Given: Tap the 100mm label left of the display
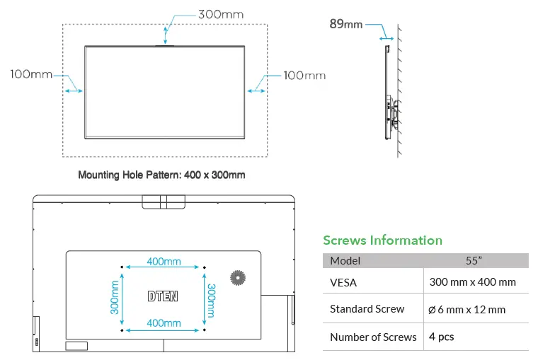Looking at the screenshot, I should (31, 74).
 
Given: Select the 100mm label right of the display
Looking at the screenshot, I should (304, 75).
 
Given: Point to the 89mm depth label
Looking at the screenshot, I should (345, 24).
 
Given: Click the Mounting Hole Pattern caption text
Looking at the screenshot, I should (161, 175).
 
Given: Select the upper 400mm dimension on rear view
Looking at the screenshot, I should (164, 262).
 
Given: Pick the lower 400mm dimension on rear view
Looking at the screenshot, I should (164, 323).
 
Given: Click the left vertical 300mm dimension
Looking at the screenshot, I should (115, 298).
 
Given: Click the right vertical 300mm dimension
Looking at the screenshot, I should (211, 298).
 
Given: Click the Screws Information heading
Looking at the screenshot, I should (382, 240).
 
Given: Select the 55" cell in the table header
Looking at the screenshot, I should (474, 260).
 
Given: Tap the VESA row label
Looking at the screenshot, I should (343, 282).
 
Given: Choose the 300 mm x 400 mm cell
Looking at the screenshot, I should (472, 282).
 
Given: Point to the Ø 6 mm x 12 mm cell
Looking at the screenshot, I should (467, 309).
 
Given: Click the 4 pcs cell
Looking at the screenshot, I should (442, 337).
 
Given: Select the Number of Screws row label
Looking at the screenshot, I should (373, 337).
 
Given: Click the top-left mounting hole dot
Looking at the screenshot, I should (123, 267).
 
